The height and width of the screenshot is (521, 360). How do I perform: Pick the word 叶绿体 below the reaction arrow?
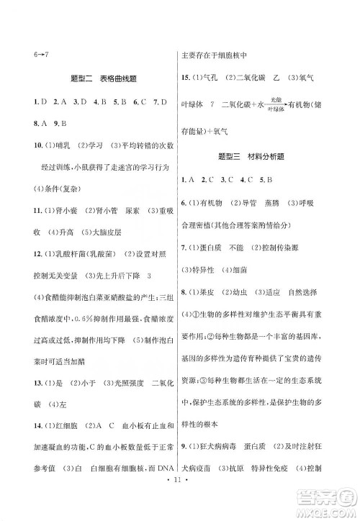pos(275,109)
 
